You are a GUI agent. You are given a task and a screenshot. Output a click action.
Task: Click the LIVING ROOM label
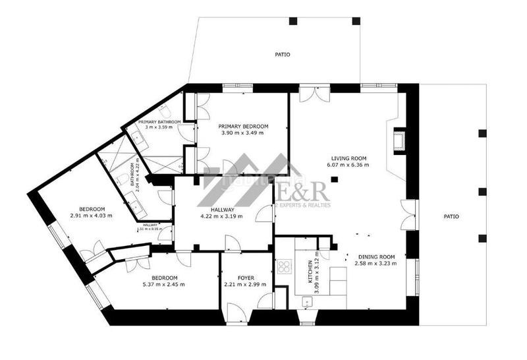348,158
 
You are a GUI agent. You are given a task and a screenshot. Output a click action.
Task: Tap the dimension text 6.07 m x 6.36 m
348,165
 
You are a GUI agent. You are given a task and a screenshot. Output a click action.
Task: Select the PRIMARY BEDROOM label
243,126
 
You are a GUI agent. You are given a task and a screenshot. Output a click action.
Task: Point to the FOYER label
246,278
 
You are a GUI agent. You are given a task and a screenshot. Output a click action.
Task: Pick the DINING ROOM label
376,256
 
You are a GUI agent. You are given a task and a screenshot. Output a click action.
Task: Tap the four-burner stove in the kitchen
285,266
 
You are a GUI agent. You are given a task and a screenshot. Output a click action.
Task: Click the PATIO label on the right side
451,216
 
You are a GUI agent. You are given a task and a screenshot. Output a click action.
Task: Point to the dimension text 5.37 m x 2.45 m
164,285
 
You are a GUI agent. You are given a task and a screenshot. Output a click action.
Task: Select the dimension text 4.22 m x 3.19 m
221,216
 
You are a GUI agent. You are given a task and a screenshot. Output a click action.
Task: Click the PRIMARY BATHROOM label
155,122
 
